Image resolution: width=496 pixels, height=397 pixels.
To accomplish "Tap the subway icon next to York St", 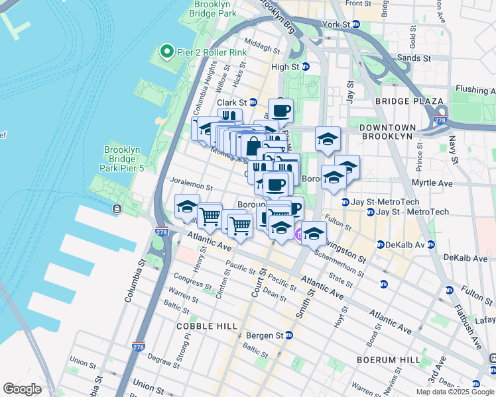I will [355, 24].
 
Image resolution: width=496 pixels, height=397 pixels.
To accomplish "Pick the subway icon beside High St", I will [306, 66].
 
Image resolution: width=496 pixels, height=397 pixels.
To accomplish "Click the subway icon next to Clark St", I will [253, 103].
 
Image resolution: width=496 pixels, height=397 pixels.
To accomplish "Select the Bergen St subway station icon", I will [288, 335].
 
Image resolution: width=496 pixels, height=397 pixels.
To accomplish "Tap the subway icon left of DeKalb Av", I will [381, 244].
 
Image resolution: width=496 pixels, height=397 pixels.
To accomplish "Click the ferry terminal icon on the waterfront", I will [117, 209].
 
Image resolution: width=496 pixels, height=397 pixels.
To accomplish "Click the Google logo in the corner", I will [22, 389].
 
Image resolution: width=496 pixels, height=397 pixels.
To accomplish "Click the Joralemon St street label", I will [191, 187].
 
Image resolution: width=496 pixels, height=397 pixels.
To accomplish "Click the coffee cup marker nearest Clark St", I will [280, 110].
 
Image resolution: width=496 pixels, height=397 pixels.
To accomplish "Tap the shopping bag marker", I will [254, 146].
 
